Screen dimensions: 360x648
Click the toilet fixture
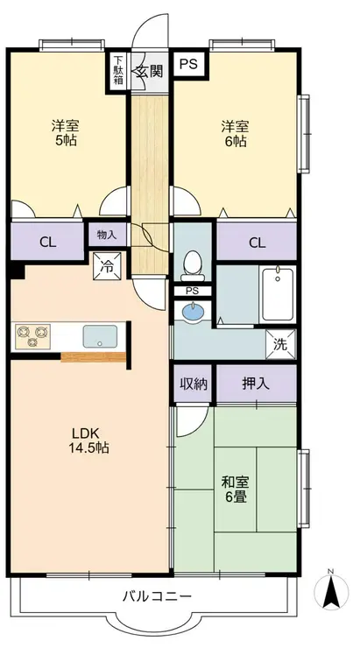coord(191,265)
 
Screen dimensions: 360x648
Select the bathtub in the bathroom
coord(278,293)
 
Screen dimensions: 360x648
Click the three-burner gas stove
coord(33,336)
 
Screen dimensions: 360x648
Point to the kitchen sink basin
coord(100,336)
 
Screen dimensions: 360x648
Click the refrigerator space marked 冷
coord(107,266)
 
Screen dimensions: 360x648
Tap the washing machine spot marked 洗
coord(281,344)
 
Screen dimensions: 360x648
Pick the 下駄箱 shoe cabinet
coord(118,71)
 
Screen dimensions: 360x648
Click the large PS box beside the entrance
coord(188,64)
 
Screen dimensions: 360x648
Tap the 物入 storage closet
coord(107,235)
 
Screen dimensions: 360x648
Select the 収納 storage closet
coord(193,384)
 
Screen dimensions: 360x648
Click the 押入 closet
coord(257,384)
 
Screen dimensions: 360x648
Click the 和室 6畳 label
coord(235,490)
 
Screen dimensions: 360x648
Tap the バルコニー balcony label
coord(157,596)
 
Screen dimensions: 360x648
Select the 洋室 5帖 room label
coord(66,132)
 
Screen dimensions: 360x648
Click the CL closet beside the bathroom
coord(257,242)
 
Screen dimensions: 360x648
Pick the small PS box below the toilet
coord(192,291)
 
